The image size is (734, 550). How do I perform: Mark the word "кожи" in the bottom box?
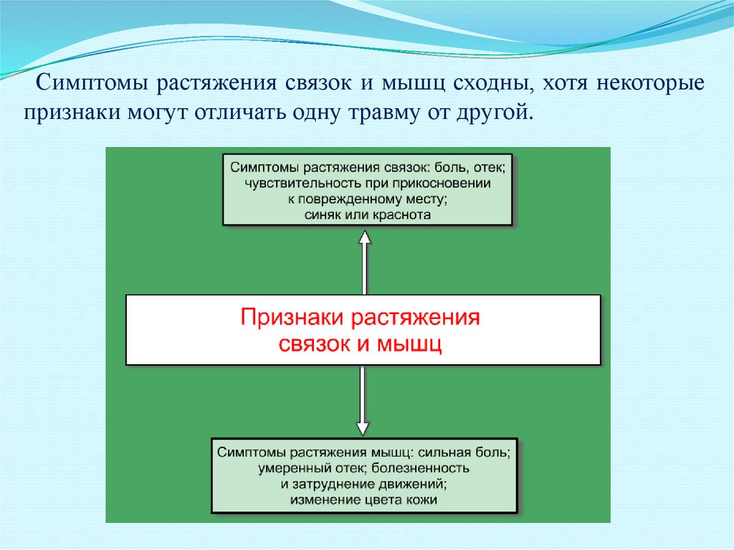(x=421, y=499)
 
